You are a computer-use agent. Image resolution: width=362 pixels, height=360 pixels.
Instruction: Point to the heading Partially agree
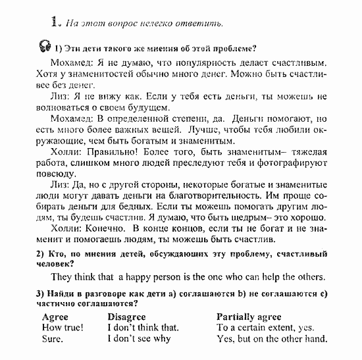pyautogui.click(x=248, y=316)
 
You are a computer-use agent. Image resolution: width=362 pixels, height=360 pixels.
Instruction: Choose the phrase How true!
pyautogui.click(x=62, y=327)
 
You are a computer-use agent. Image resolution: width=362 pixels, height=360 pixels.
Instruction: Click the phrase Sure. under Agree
pyautogui.click(x=52, y=339)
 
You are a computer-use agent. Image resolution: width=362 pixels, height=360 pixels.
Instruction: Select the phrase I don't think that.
pyautogui.click(x=143, y=327)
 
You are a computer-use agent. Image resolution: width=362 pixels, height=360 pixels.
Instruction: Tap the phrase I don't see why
pyautogui.click(x=139, y=339)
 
